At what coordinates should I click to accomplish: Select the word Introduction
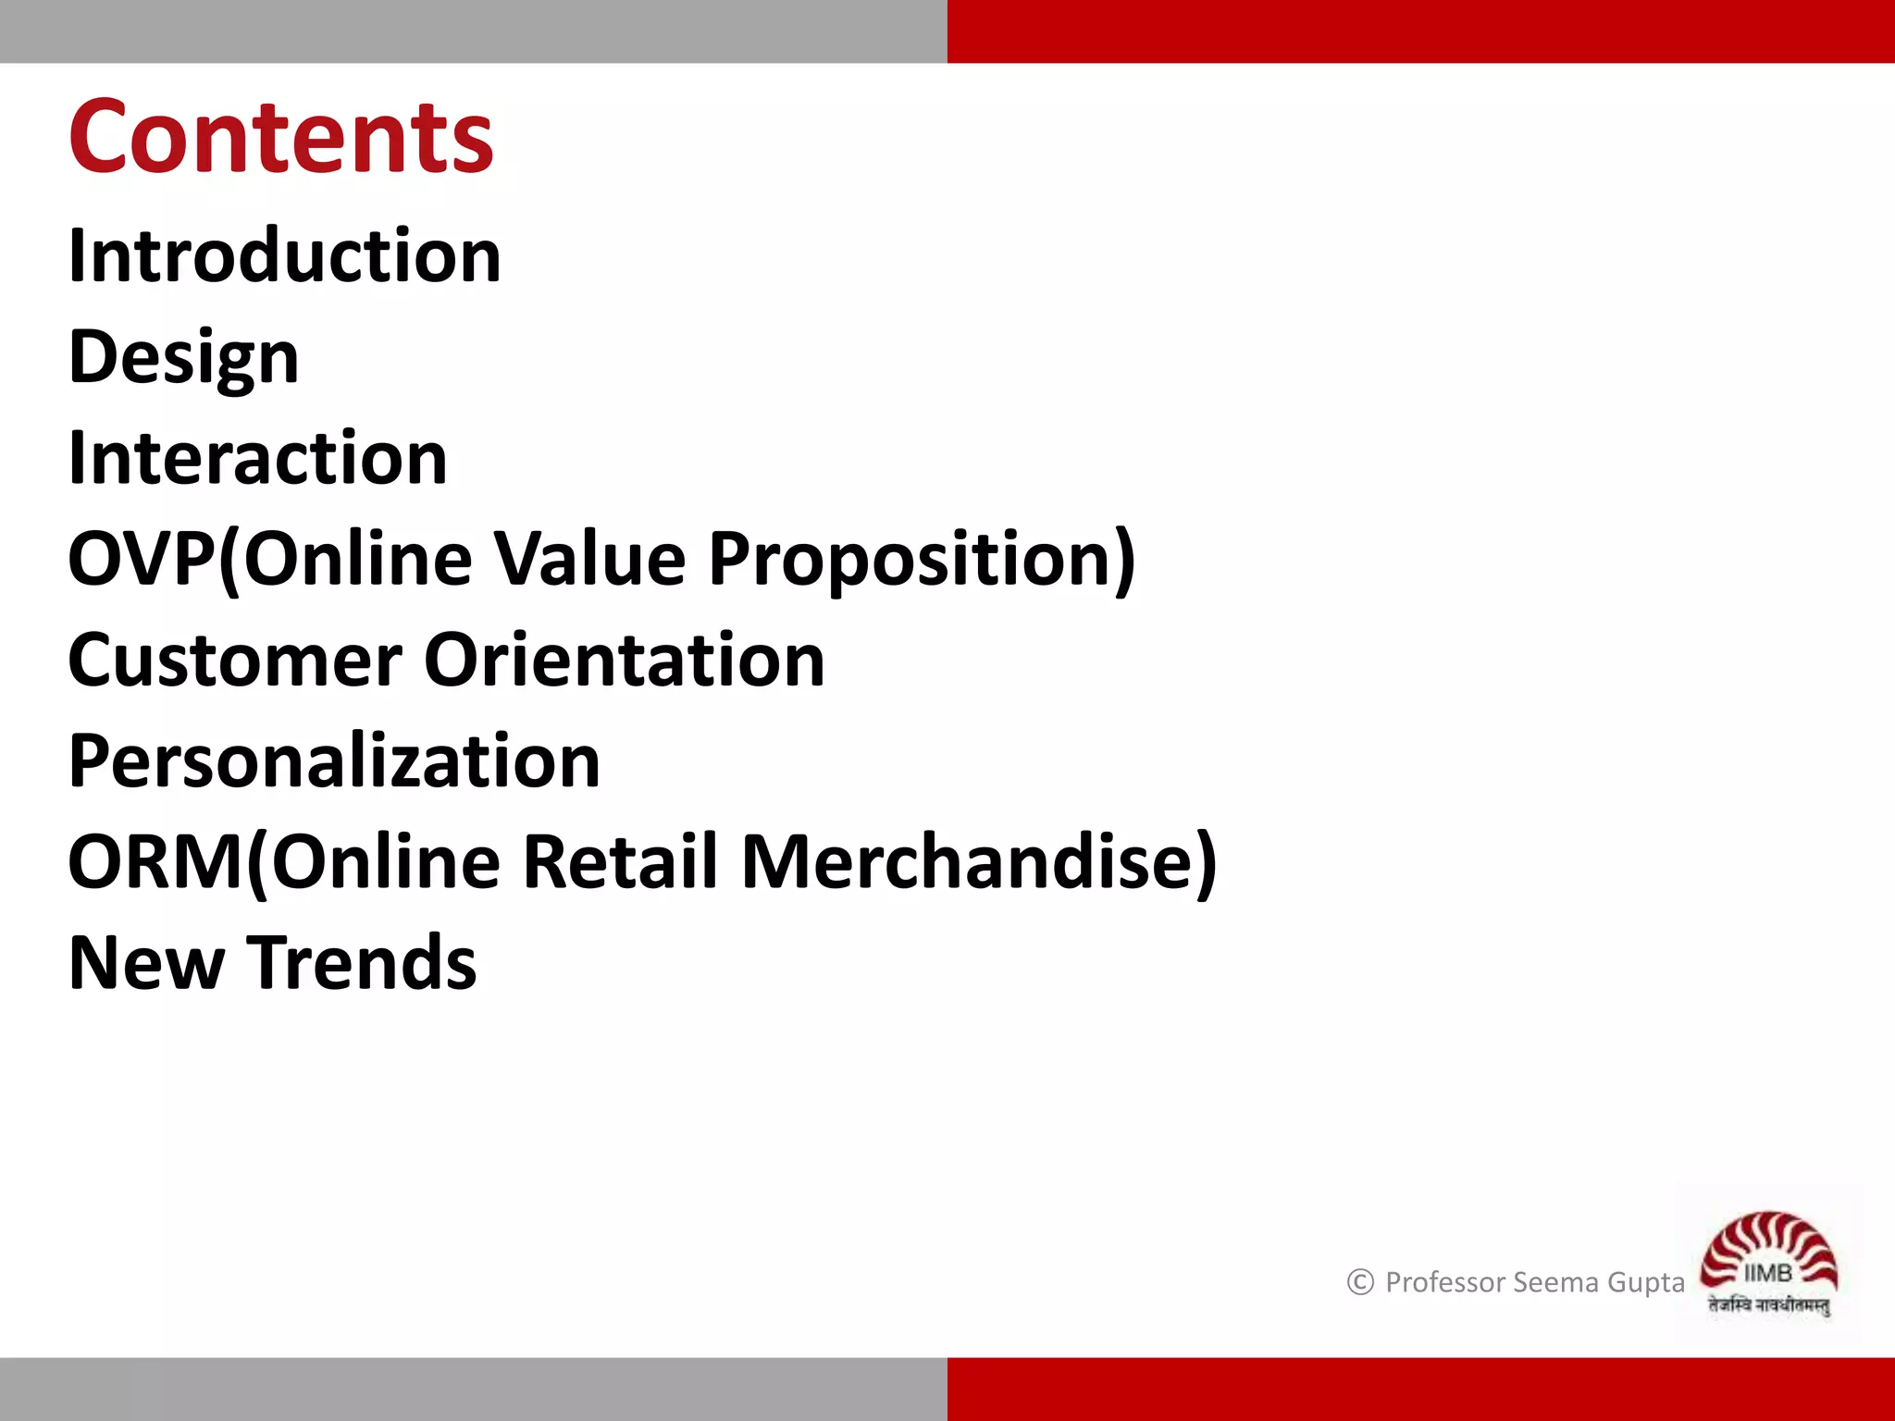284,255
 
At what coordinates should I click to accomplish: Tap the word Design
183,357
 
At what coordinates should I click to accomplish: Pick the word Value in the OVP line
588,559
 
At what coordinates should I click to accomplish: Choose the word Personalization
334,760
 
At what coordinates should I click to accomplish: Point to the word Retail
620,861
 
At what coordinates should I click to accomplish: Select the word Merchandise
967,861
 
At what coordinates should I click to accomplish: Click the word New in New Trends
146,963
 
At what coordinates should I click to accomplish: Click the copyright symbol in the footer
1360,1282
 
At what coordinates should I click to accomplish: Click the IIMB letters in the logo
1767,1274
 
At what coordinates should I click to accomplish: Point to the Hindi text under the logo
1768,1305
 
